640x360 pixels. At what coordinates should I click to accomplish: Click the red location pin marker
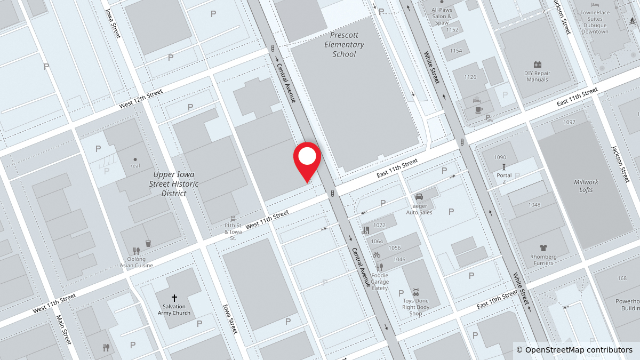click(x=307, y=157)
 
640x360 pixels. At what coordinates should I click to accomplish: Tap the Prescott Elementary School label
click(x=344, y=44)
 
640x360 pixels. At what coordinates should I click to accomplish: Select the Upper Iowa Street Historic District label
click(x=174, y=184)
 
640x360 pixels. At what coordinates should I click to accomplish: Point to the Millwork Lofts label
click(x=586, y=186)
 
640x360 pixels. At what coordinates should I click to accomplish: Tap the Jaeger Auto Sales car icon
click(x=419, y=197)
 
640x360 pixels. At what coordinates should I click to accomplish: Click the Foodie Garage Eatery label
click(x=380, y=282)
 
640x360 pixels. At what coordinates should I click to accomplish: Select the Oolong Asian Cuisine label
click(x=137, y=262)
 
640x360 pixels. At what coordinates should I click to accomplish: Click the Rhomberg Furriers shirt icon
click(x=543, y=247)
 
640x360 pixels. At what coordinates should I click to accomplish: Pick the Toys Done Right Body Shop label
click(x=416, y=307)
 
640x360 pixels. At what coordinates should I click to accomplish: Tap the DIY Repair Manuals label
click(x=537, y=76)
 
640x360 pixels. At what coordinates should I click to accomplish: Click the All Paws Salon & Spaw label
click(x=442, y=17)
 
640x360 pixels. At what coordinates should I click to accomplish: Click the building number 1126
click(x=470, y=77)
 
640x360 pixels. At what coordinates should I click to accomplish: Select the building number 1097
click(x=569, y=122)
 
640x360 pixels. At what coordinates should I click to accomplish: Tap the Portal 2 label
click(x=504, y=178)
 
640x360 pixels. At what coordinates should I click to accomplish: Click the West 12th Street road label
click(x=141, y=99)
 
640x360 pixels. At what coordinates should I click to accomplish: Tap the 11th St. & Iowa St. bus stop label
click(x=233, y=231)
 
